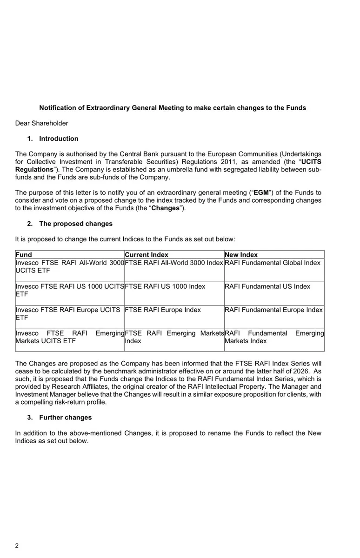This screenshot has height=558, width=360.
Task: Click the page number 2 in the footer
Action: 17,545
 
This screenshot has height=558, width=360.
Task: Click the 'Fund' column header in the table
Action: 24,255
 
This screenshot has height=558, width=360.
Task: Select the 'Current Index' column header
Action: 147,255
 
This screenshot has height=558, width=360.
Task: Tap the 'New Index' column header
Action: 241,255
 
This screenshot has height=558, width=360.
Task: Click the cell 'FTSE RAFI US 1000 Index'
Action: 165,286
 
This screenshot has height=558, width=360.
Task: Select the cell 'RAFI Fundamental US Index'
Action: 267,286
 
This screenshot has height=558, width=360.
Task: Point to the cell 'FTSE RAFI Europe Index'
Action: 163,310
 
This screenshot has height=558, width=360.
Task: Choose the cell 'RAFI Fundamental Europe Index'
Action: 273,310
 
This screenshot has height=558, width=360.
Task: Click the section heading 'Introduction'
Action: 59,139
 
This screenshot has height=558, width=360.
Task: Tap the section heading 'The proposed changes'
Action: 76,224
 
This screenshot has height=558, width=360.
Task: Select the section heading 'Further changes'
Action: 66,418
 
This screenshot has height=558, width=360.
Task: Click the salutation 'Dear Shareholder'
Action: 42,123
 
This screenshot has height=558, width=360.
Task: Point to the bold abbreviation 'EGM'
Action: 261,193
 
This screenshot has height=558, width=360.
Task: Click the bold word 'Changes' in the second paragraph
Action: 166,208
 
